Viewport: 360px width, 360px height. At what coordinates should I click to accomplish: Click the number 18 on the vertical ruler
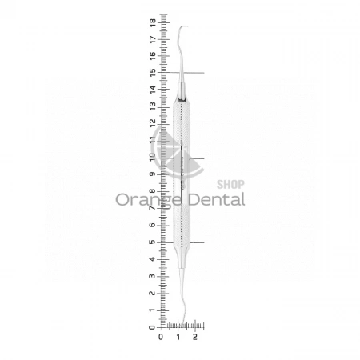tap(153, 22)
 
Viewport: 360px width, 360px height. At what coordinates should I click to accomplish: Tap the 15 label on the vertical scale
tap(153, 73)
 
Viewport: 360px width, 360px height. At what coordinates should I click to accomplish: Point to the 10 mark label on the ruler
tap(153, 157)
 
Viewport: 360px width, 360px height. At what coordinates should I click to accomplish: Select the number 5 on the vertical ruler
tap(153, 242)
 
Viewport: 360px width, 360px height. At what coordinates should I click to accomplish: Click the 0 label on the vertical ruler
tap(152, 327)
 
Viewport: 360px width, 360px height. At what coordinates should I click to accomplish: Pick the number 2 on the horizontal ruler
tap(195, 337)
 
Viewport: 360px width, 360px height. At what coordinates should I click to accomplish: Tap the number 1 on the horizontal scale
tap(178, 337)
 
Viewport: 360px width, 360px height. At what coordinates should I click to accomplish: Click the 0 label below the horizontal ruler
tap(161, 337)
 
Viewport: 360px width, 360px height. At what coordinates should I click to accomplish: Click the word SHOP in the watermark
tap(230, 184)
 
